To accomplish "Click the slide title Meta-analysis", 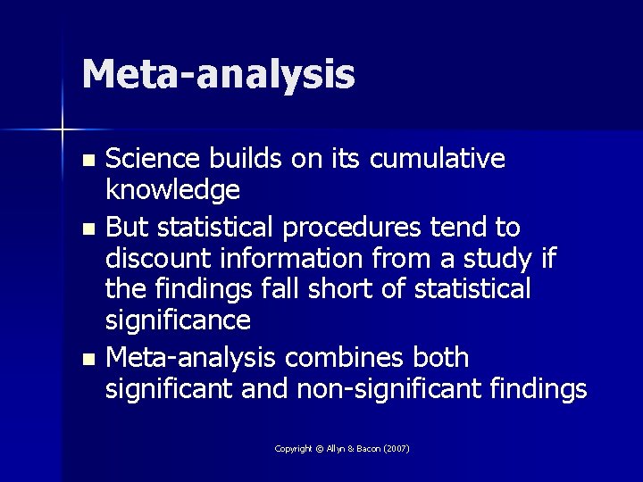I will pos(218,74).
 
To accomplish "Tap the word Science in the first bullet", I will pos(153,159).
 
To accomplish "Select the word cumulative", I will pos(438,159).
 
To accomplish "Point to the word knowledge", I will pos(172,189).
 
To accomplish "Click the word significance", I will pos(178,319).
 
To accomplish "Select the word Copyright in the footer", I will pos(293,448).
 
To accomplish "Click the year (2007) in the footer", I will pos(395,448).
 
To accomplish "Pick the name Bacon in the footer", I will pos(364,448).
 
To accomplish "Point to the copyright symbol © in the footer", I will pos(320,448).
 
